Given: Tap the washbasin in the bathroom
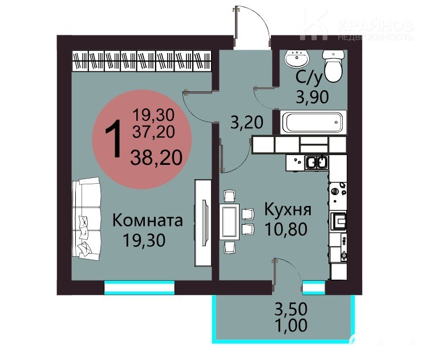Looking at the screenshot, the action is (297, 58).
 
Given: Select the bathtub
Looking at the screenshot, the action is (313, 122).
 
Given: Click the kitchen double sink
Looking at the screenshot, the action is (317, 162).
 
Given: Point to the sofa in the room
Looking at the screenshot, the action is (86, 219).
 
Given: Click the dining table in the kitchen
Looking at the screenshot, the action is (229, 222).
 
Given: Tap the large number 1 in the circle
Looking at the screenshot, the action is (113, 139).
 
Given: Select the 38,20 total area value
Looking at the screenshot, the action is (156, 158).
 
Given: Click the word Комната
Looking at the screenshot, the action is (148, 220).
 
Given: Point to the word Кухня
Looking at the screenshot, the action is (288, 209).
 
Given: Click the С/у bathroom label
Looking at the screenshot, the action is (309, 77).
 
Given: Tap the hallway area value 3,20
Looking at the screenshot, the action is (247, 122).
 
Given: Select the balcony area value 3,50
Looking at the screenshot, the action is (291, 309).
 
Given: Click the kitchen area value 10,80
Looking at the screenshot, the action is (286, 229).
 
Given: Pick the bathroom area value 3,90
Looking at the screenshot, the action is (313, 97).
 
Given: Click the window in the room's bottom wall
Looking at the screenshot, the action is (139, 288).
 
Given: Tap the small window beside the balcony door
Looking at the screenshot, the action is (314, 288).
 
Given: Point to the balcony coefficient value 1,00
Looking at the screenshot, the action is (291, 325).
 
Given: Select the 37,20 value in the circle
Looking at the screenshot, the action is (153, 132).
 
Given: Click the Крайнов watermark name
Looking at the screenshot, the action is (376, 26).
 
